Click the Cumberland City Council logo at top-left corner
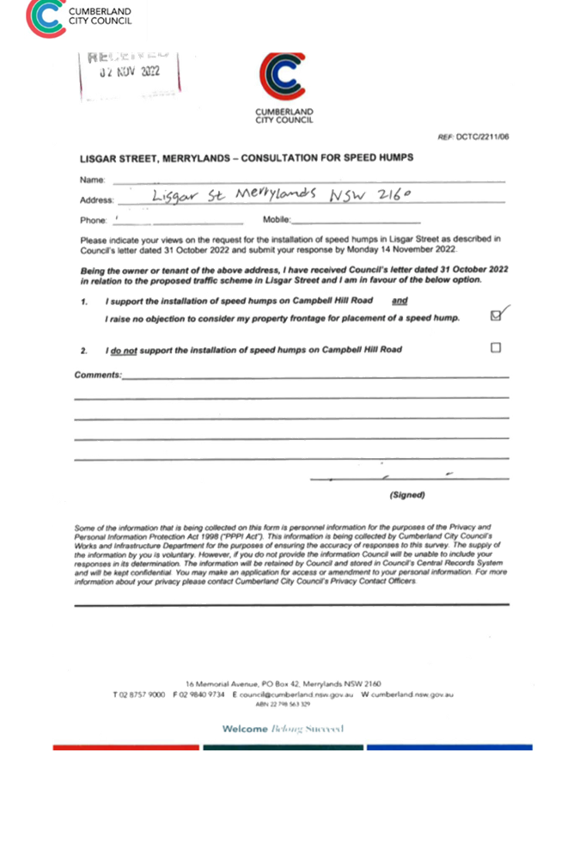point(45,19)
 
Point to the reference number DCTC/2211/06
point(473,137)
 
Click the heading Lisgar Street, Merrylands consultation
point(247,158)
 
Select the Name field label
point(91,180)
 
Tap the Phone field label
point(93,221)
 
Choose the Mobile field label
point(277,221)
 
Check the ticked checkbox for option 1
point(496,315)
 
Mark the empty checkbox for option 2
point(495,348)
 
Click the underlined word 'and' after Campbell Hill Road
point(400,301)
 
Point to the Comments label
point(97,375)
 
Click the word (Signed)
point(407,495)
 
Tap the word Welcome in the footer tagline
point(244,729)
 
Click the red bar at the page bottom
point(126,747)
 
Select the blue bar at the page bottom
point(449,747)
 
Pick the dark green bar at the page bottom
point(283,747)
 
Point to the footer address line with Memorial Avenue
point(283,683)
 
